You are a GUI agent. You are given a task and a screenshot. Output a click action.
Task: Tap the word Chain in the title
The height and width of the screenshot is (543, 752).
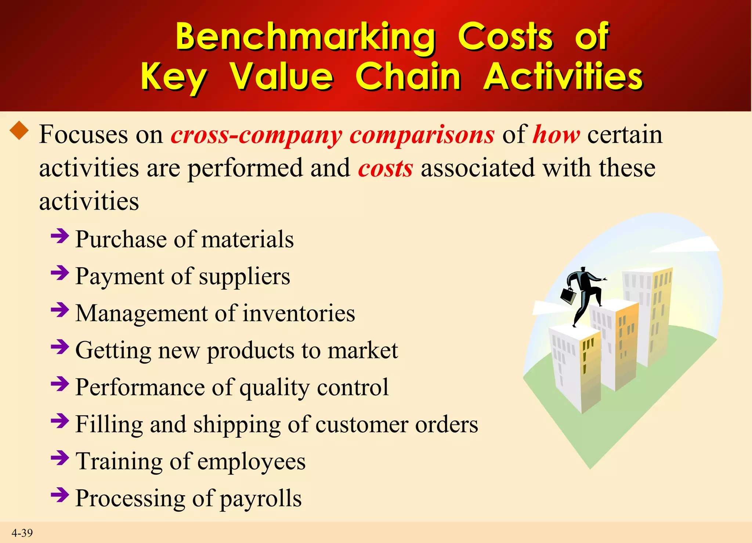[x=408, y=76]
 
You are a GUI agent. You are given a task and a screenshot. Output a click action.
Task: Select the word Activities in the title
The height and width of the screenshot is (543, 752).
[x=563, y=76]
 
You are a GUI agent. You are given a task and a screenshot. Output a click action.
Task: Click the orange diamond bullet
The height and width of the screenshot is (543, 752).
[x=19, y=131]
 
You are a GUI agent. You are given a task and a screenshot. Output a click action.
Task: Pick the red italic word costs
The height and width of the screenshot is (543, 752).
[x=385, y=169]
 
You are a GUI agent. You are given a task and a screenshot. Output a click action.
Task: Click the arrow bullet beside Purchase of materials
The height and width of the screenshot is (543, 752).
[x=60, y=236]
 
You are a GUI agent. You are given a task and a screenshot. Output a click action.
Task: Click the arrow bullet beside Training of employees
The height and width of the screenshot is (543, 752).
[x=60, y=458]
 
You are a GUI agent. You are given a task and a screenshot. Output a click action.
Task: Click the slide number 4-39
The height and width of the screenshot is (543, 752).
[x=22, y=533]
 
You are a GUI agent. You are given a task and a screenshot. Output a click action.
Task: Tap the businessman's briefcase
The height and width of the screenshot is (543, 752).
[x=568, y=296]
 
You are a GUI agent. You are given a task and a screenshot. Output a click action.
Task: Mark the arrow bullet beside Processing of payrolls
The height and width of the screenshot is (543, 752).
[x=60, y=495]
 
